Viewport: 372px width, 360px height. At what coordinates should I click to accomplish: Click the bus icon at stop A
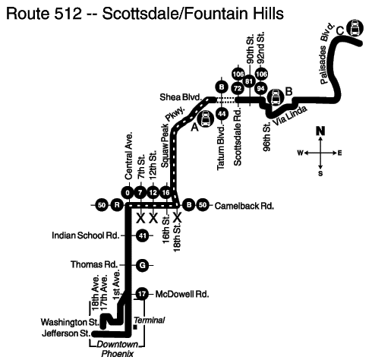coord(206,119)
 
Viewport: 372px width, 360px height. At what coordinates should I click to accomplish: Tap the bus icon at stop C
coord(355,28)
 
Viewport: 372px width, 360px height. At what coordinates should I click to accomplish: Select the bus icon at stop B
coord(276,97)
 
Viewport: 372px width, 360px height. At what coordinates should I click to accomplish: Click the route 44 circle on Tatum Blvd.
coord(222,114)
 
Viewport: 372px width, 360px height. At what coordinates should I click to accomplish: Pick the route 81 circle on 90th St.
coord(249,81)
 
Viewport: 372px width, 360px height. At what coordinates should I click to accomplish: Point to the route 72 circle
coord(238,89)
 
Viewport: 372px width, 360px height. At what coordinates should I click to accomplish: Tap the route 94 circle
coord(261,89)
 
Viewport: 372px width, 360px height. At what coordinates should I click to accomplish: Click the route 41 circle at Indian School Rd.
coord(143,235)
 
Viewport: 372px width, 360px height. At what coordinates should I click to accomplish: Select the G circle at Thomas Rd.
coord(143,265)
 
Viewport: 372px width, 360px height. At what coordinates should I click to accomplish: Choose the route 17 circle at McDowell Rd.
coord(142,294)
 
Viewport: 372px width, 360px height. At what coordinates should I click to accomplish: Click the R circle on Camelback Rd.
coord(117,205)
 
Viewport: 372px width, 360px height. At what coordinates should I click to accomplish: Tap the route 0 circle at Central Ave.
coord(128,193)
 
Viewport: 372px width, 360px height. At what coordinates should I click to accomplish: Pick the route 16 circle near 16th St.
coord(166,193)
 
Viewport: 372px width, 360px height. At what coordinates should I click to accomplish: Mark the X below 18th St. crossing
coord(177,217)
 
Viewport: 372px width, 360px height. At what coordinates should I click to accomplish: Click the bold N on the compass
coord(320,131)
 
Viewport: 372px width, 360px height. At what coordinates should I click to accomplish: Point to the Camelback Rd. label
coord(244,206)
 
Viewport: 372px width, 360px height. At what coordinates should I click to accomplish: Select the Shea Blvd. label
coord(181,97)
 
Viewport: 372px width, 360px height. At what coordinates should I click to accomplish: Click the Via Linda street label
coord(290,115)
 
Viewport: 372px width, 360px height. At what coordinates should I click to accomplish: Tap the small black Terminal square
coord(135,327)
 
